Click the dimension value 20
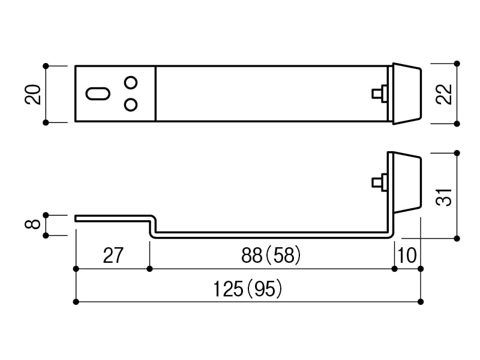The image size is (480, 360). point(33,95)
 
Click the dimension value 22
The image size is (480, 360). point(444,94)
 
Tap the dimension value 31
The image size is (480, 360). point(444,197)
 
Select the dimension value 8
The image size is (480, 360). point(33,224)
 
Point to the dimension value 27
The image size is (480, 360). point(113,256)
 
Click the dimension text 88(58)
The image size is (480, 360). point(271,255)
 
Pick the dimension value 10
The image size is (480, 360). point(407,256)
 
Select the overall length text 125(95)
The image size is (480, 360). point(247,289)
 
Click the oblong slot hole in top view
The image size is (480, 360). point(98,94)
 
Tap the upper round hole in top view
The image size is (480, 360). point(131,82)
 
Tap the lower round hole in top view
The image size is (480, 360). point(131,104)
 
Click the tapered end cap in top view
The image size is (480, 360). point(407,94)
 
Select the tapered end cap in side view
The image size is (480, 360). point(407,182)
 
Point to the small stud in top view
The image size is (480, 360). point(380,94)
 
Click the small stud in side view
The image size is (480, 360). point(380,182)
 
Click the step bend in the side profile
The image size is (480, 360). point(153,227)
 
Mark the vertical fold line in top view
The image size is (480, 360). point(155,94)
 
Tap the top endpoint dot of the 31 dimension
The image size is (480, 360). point(457,153)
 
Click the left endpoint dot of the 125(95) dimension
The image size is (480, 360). point(76,302)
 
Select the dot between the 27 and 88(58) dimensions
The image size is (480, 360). point(149,269)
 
